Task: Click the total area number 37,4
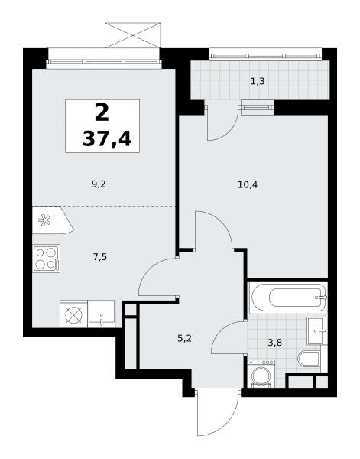point(107,138)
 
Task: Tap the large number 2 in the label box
point(102,112)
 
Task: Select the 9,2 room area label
point(99,184)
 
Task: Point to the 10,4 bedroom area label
point(248,184)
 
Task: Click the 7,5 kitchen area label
point(99,257)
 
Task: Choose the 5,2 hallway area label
point(184,339)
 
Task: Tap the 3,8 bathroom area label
point(275,343)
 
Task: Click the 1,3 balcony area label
point(258,81)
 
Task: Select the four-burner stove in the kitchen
point(46,259)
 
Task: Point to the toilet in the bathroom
point(310,359)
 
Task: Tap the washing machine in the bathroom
point(261,374)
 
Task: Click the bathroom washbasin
point(316,330)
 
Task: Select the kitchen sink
point(102,314)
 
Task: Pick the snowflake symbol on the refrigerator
point(44,220)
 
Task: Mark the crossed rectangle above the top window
point(133,35)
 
